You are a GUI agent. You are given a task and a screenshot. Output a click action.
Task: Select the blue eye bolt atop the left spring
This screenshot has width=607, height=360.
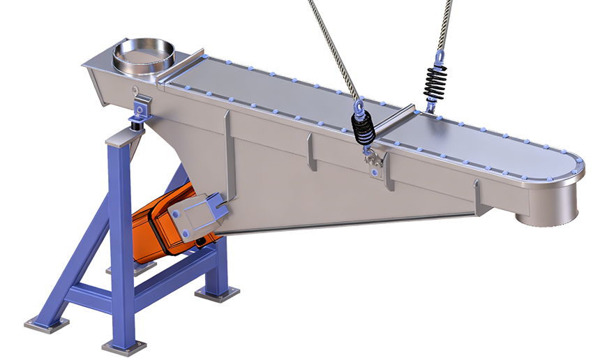[359, 107]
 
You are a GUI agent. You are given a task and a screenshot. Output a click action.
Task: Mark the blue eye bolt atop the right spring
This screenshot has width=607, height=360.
[440, 58]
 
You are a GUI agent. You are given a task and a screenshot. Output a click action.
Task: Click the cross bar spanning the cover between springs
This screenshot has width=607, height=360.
[394, 118]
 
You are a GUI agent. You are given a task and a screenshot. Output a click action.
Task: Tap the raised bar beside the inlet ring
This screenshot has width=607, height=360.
[183, 67]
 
